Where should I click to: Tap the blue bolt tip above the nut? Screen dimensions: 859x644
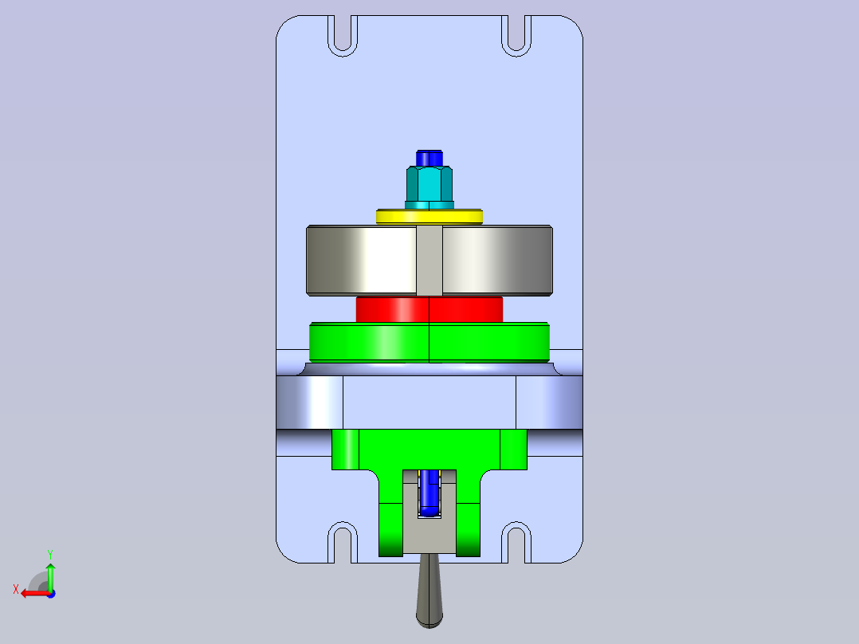coord(429,158)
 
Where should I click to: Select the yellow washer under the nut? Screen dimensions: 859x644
coord(429,217)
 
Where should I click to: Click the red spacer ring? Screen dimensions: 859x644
coord(429,310)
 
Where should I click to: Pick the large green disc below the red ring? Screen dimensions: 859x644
coord(429,342)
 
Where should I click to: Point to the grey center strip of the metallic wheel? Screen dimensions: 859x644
coord(429,261)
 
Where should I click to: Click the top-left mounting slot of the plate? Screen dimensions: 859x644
coord(343,36)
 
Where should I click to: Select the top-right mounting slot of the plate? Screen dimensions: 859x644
coord(516,36)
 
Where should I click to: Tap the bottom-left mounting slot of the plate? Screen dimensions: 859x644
coord(343,543)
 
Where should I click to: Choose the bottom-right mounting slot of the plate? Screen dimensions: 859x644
coord(516,543)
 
